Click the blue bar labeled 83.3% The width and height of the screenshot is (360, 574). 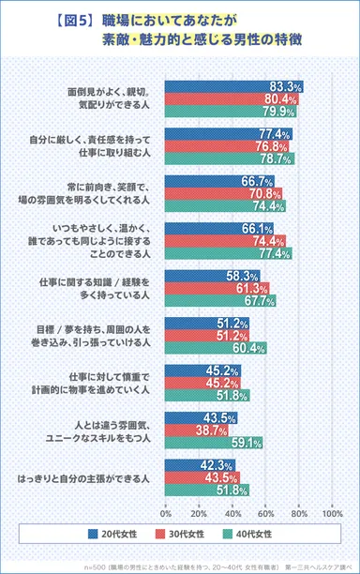pyautogui.click(x=234, y=86)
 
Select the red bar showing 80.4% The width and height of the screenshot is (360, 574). pyautogui.click(x=232, y=98)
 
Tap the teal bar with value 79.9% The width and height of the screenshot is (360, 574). pyautogui.click(x=231, y=111)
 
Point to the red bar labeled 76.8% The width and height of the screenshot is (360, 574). pyautogui.click(x=229, y=146)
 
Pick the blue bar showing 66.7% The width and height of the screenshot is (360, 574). pyautogui.click(x=220, y=182)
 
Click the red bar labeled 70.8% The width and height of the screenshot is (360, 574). pyautogui.click(x=224, y=194)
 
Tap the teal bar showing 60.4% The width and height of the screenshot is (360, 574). pyautogui.click(x=215, y=349)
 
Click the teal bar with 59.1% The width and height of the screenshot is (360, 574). pyautogui.click(x=214, y=444)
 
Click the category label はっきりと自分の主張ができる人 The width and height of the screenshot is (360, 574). pyautogui.click(x=89, y=478)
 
